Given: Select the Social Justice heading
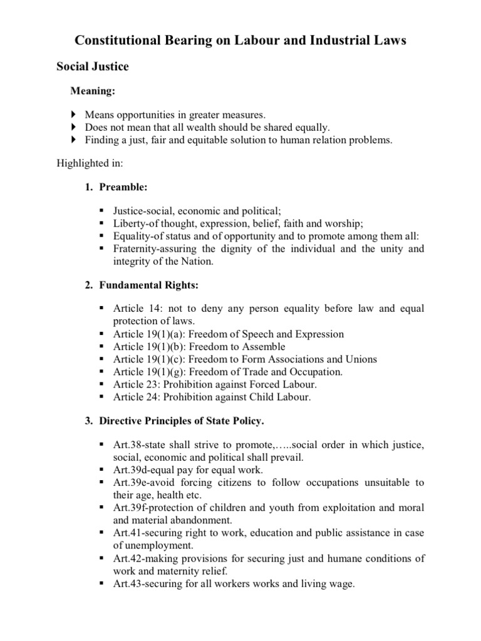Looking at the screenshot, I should point(93,66).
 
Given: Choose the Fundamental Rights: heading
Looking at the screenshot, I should point(148,285).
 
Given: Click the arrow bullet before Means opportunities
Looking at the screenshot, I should point(73,115).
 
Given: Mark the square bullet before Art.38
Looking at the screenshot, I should point(101,444).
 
